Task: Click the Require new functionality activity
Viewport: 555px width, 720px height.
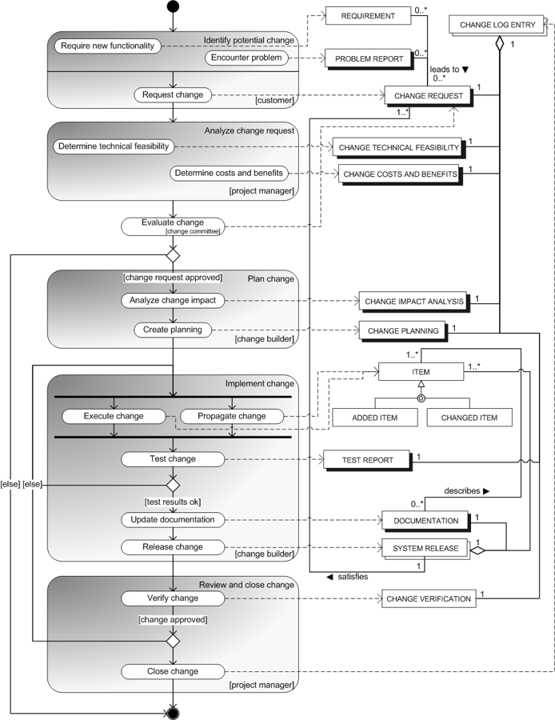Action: tap(106, 46)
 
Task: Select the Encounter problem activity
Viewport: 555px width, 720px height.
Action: tap(246, 58)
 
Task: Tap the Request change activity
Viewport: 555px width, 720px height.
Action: tap(173, 95)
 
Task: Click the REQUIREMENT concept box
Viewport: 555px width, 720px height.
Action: tap(368, 16)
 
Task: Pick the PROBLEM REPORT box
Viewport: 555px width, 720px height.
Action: tap(368, 59)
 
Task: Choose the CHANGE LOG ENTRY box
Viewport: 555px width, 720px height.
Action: tap(497, 26)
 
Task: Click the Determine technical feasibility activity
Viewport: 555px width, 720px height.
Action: tap(114, 146)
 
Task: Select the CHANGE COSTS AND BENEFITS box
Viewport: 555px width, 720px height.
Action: tap(399, 174)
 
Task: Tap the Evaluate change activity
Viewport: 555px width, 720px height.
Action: tap(172, 226)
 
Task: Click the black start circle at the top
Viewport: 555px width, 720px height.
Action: tap(173, 6)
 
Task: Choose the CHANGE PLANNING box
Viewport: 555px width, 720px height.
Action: tap(402, 330)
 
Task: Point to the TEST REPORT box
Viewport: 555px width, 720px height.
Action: tap(367, 460)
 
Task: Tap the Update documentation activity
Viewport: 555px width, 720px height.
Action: tap(173, 520)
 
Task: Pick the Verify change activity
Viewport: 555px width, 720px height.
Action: tap(173, 598)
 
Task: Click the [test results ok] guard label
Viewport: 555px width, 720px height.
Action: tap(173, 502)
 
